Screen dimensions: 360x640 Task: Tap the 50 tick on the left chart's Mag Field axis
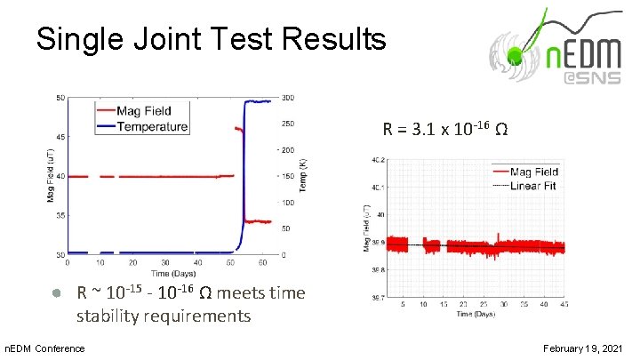point(59,98)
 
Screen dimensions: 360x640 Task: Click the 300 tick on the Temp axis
point(289,98)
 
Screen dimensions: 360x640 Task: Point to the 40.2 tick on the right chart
point(378,161)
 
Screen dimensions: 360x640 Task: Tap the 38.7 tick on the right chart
point(378,299)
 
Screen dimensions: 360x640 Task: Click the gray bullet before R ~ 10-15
point(55,293)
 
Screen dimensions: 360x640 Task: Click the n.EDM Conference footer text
point(45,348)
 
